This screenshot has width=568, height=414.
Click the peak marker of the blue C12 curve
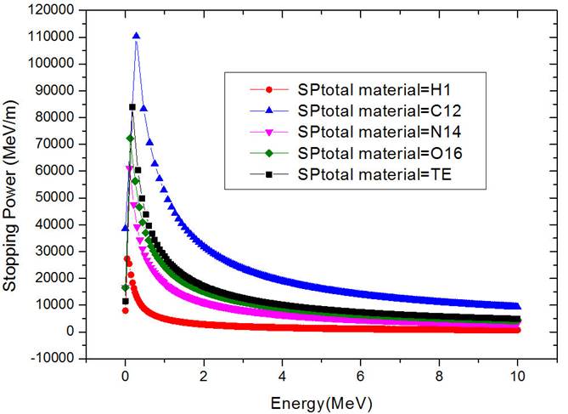(x=136, y=36)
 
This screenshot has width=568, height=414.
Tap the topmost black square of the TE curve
(x=132, y=107)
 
